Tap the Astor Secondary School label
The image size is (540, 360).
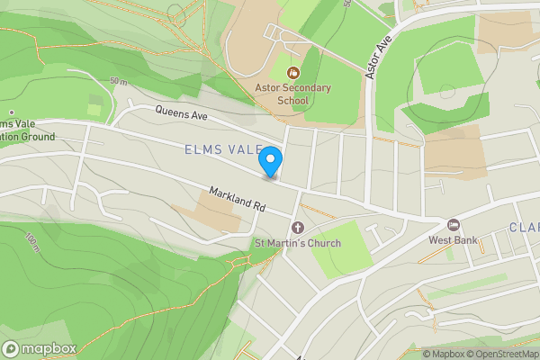tap(292, 94)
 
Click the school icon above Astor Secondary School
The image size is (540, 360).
tap(292, 72)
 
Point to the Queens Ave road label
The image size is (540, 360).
tap(181, 115)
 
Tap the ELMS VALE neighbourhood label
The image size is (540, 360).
tap(223, 148)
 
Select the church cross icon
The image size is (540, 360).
tap(297, 226)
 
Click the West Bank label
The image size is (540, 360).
tap(452, 240)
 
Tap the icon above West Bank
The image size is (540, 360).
tap(454, 224)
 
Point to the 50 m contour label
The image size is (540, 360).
tap(118, 80)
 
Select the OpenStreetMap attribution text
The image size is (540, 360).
tap(499, 354)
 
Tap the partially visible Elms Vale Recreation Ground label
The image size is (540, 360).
tap(27, 130)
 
